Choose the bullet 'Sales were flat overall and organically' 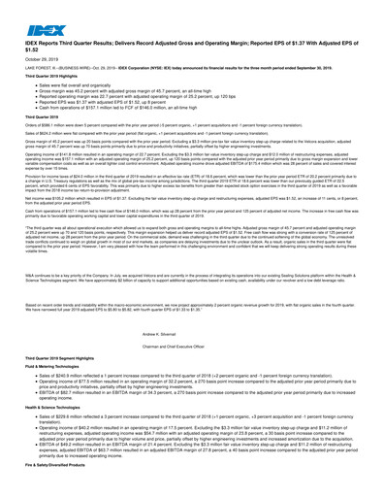tap(79, 85)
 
